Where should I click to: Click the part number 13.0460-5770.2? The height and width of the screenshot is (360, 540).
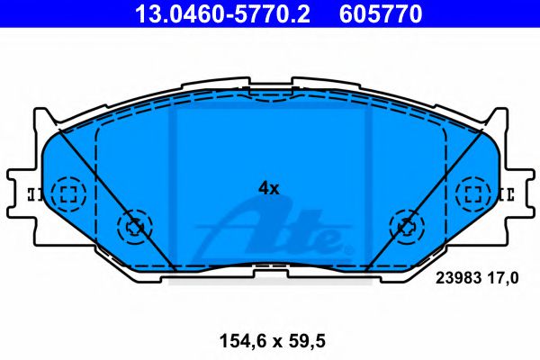[x=213, y=13]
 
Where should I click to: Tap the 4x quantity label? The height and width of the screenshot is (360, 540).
[x=269, y=188]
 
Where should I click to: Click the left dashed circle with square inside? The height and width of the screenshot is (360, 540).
[x=67, y=193]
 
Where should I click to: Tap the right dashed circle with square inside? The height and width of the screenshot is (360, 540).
[x=472, y=193]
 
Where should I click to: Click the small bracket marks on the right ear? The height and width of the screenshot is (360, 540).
[x=506, y=193]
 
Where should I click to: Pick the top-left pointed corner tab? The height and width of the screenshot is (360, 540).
[x=40, y=117]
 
